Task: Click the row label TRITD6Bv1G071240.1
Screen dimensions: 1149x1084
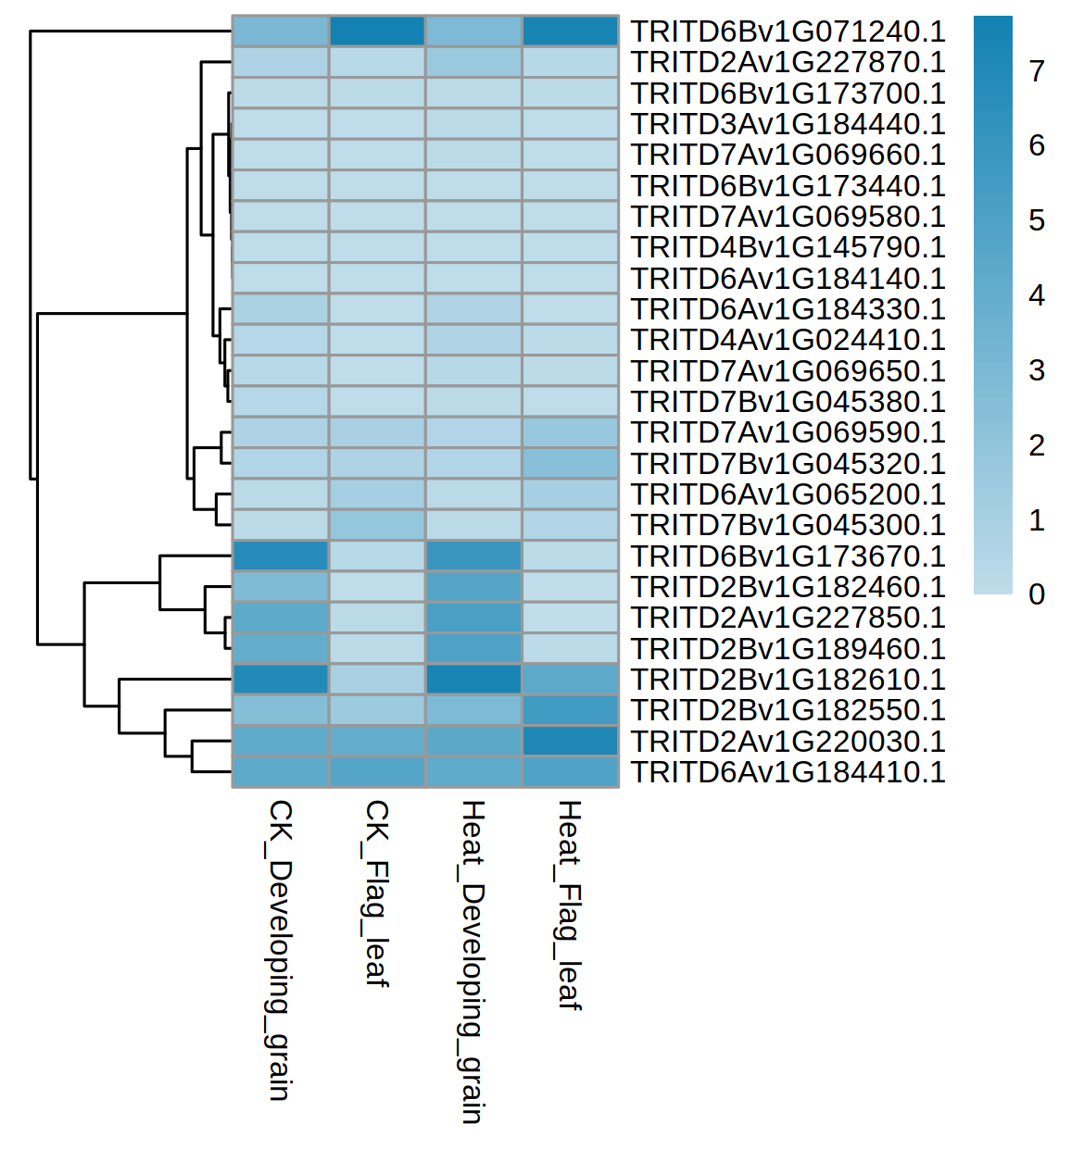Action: pos(788,31)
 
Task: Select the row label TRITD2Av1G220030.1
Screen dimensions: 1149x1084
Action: pos(788,742)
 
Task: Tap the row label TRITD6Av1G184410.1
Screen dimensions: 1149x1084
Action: pos(788,772)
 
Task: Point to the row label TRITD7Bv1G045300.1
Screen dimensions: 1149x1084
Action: pos(788,525)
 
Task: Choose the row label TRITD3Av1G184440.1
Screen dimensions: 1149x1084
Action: pos(788,124)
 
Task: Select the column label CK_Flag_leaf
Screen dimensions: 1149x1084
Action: pos(376,893)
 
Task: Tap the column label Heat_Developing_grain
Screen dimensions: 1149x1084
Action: pos(473,962)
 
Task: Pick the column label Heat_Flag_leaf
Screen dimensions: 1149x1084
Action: pos(569,905)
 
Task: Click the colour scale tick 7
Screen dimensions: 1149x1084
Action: pos(1037,71)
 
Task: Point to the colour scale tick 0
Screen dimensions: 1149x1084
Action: pos(1037,594)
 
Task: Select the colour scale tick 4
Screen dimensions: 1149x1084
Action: pos(1037,295)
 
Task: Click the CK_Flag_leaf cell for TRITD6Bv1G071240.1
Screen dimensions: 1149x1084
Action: pos(377,31)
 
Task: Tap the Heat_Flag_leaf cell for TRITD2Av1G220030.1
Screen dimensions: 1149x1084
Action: pos(570,742)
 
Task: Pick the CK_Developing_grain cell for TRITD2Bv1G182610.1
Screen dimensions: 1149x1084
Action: pos(281,680)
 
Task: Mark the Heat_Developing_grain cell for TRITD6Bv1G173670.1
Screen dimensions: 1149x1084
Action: pos(473,556)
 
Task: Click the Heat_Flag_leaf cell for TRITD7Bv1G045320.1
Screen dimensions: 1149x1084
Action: pos(570,464)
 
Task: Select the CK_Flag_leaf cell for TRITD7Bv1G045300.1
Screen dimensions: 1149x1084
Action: pos(377,525)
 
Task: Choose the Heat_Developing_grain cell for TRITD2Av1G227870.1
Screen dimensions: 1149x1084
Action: pos(473,62)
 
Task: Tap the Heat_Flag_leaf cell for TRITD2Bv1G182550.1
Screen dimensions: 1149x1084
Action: pos(570,710)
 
